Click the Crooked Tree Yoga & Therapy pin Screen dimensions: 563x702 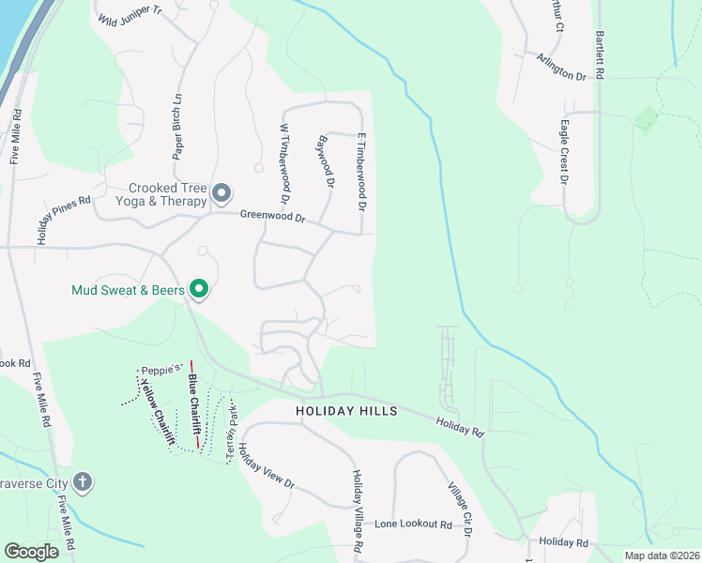(x=221, y=194)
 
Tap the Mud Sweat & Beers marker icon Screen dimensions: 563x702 (x=198, y=290)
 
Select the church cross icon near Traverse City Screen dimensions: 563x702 (x=83, y=482)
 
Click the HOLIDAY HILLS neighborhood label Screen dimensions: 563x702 (x=346, y=411)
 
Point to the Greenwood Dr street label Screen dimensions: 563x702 (x=273, y=218)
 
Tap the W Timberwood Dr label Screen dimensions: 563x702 (x=283, y=164)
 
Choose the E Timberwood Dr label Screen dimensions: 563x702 (x=360, y=170)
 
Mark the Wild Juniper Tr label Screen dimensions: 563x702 (x=130, y=15)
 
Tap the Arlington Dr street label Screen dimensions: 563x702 (x=561, y=68)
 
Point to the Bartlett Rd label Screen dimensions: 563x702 (x=598, y=54)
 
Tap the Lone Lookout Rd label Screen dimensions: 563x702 (x=413, y=525)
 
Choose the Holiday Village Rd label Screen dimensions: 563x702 (x=358, y=510)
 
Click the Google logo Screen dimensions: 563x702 (x=31, y=552)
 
